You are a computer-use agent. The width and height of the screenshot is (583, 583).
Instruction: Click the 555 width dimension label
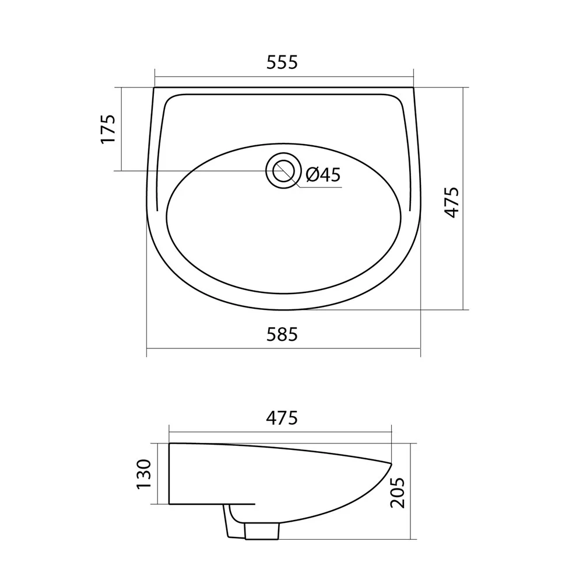(282, 62)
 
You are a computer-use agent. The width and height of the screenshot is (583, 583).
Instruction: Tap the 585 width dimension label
(282, 334)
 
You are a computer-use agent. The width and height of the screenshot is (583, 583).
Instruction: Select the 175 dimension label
(108, 129)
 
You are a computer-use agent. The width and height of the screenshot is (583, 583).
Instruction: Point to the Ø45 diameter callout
(323, 174)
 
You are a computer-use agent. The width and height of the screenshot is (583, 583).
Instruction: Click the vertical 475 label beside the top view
(452, 203)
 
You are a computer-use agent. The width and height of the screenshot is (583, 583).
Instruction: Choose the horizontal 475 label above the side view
(282, 418)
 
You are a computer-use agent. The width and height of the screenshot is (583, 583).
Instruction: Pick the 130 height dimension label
(144, 474)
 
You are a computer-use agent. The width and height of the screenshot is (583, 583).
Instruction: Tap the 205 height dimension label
(397, 493)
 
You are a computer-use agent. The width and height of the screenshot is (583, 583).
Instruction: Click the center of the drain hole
(283, 171)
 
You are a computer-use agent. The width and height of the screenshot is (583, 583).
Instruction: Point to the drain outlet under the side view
(262, 531)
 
